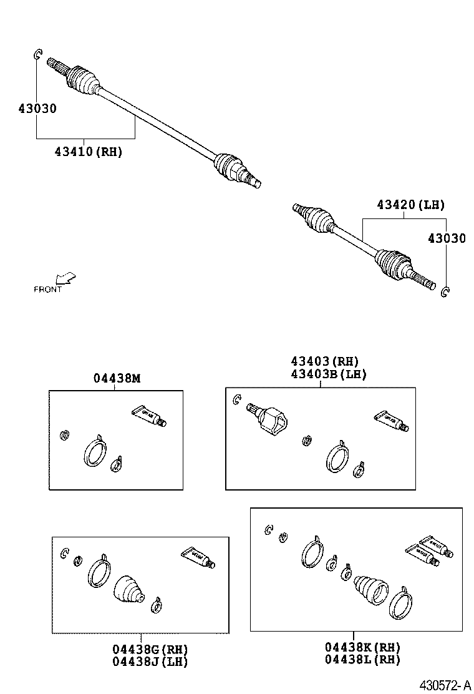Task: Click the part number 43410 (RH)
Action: point(88,152)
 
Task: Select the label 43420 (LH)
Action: point(410,205)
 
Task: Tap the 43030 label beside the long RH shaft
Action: point(37,109)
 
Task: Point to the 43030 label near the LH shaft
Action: point(446,238)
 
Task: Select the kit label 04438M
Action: point(117,378)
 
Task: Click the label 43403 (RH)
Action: point(324,361)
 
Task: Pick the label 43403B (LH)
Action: point(328,374)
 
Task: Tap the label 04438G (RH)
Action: point(150,649)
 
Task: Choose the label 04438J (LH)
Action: point(150,662)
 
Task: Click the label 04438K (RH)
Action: point(362,647)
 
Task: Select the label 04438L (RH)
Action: point(362,660)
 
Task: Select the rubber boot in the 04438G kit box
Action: point(129,589)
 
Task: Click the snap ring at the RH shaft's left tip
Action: point(37,55)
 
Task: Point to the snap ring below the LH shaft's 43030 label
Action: point(445,291)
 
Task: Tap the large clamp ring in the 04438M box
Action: point(94,451)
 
